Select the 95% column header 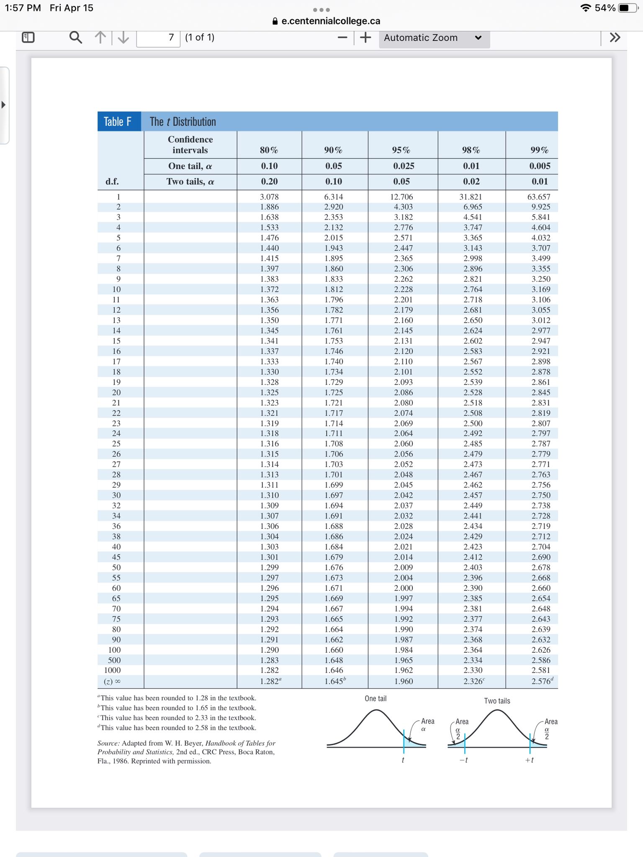(401, 150)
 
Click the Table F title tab (118, 122)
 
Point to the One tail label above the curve (376, 698)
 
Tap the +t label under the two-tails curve (530, 760)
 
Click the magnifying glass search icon (75, 38)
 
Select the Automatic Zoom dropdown (434, 38)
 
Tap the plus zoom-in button (365, 38)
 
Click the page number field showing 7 (158, 38)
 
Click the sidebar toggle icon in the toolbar (28, 38)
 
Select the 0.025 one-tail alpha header (403, 166)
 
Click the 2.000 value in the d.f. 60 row (403, 588)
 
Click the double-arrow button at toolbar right (615, 38)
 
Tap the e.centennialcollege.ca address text (331, 21)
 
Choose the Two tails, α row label (190, 182)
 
